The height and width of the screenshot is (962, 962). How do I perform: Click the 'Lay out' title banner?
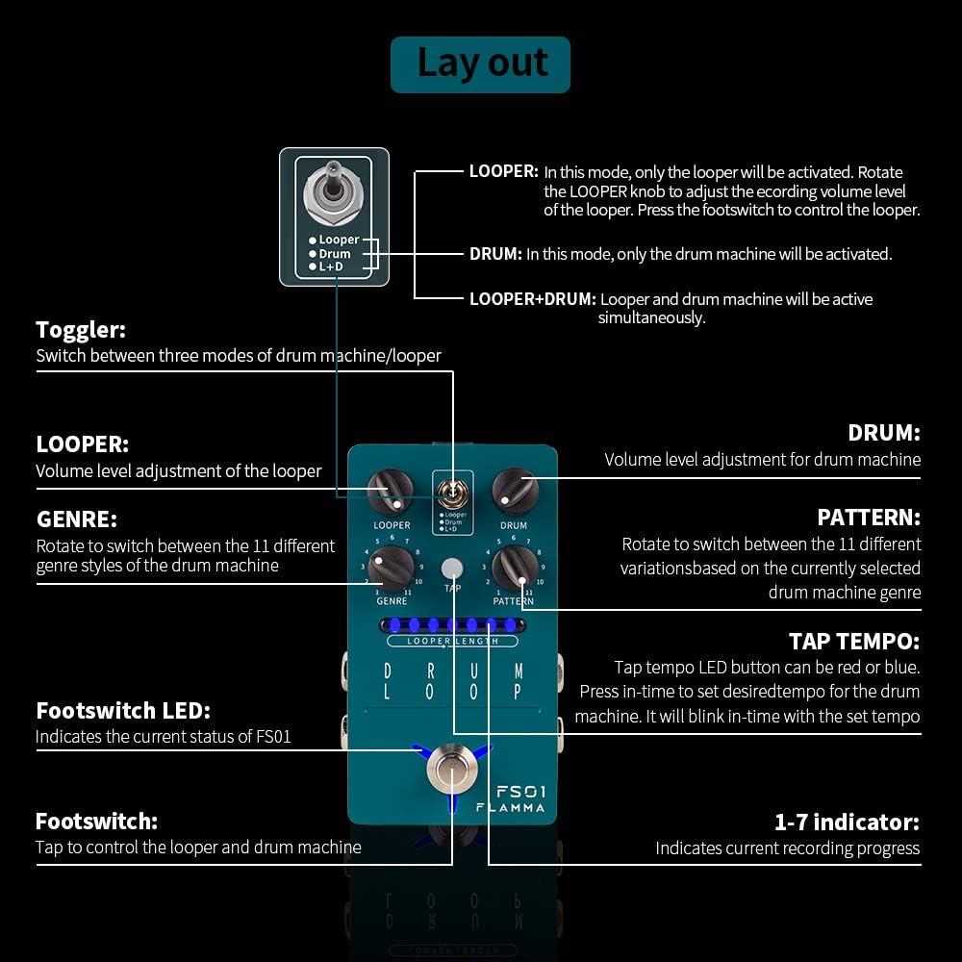pyautogui.click(x=480, y=64)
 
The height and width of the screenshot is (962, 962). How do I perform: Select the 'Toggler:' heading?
pyautogui.click(x=81, y=330)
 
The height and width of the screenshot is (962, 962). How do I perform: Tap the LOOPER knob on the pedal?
pyautogui.click(x=391, y=493)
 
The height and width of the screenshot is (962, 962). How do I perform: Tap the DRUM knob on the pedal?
pyautogui.click(x=515, y=492)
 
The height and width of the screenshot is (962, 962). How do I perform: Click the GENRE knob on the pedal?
pyautogui.click(x=391, y=568)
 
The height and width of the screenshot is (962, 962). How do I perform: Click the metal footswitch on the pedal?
pyautogui.click(x=452, y=770)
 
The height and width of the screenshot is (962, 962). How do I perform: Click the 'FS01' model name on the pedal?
pyautogui.click(x=520, y=791)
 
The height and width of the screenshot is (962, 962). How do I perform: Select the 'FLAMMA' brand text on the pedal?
pyautogui.click(x=511, y=808)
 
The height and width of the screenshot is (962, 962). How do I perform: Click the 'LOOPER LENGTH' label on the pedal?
pyautogui.click(x=452, y=641)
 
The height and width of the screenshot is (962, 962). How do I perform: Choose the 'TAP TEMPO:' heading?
pyautogui.click(x=853, y=641)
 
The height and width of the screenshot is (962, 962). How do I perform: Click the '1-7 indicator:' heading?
pyautogui.click(x=847, y=822)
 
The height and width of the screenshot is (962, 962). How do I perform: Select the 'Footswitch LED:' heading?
pyautogui.click(x=123, y=711)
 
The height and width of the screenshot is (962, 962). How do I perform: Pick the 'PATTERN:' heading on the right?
pyautogui.click(x=869, y=518)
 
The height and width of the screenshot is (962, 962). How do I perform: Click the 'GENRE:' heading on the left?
pyautogui.click(x=77, y=519)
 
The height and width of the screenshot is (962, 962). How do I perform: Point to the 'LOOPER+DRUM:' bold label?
pyautogui.click(x=532, y=299)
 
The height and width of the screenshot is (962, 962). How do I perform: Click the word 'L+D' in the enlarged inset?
pyautogui.click(x=331, y=266)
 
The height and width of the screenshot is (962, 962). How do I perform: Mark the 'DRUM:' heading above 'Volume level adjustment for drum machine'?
pyautogui.click(x=883, y=433)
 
